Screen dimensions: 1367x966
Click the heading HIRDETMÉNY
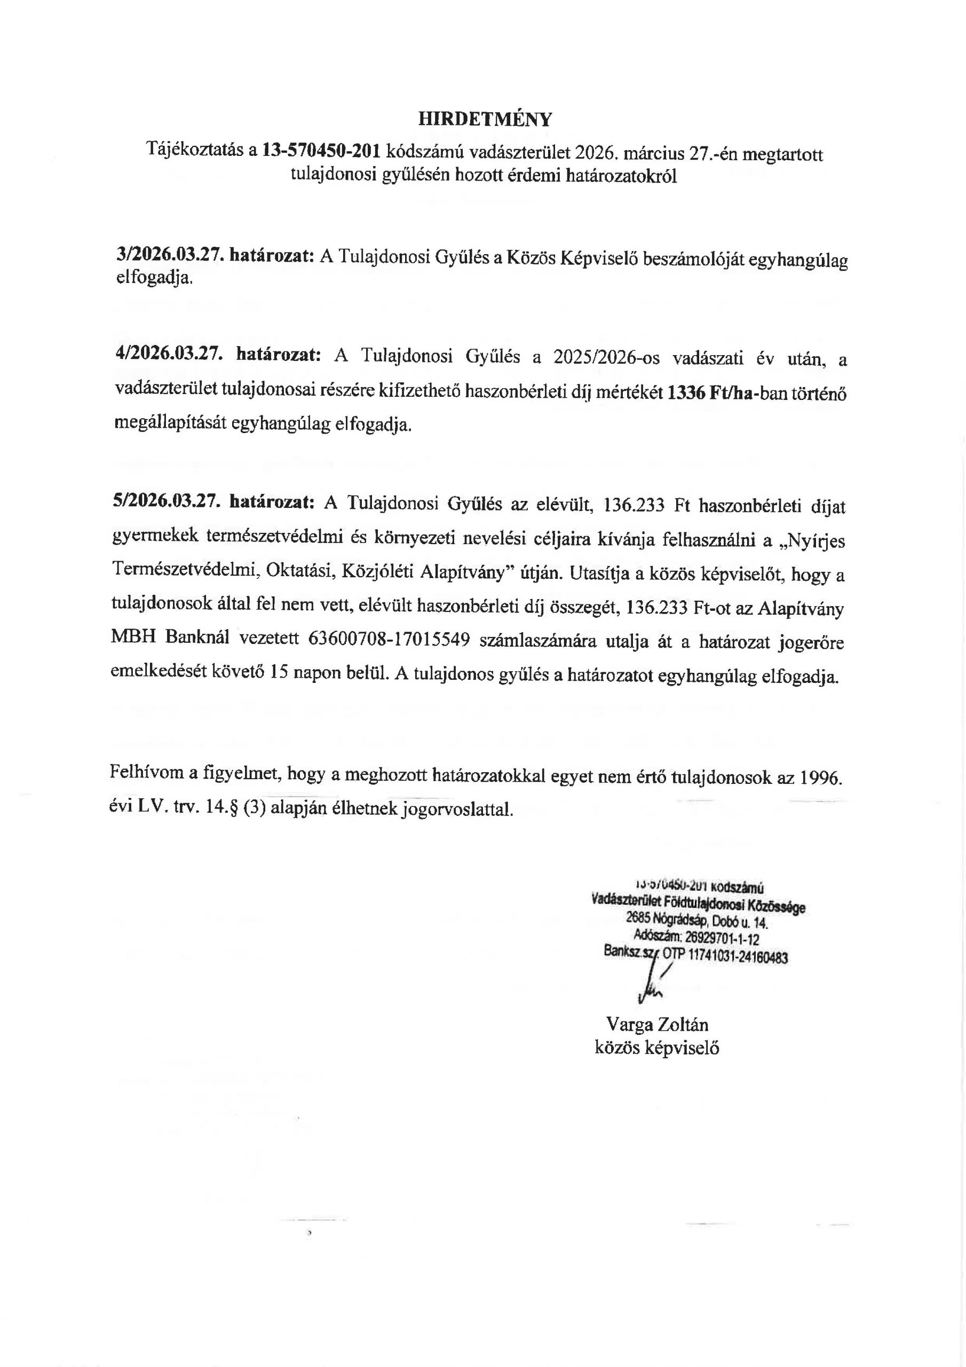coord(485,120)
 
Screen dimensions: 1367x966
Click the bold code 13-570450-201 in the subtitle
coord(321,152)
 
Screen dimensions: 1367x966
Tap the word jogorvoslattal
coord(458,810)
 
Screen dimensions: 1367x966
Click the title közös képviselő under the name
coord(656,1048)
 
